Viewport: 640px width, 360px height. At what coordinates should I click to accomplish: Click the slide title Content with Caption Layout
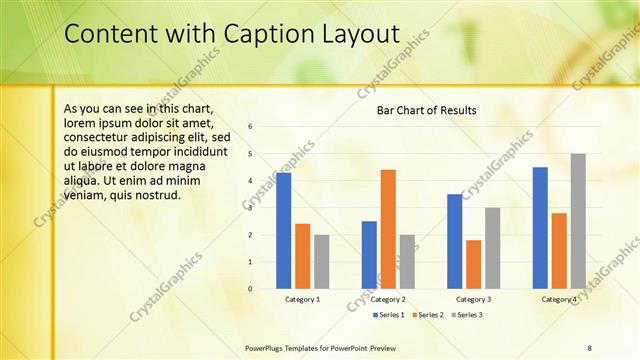231,34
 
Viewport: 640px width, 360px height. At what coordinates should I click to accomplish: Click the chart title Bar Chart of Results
426,110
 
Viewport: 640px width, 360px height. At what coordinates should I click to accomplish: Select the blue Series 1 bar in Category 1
284,230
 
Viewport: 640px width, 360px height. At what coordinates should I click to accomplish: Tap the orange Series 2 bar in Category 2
388,229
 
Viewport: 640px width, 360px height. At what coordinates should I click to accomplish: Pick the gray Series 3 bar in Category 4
578,221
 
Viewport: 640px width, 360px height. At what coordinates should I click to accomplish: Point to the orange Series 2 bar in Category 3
473,264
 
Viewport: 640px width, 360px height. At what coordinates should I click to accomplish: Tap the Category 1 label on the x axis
303,299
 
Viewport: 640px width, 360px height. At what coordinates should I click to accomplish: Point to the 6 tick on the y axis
250,126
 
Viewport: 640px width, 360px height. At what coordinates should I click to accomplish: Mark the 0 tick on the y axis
250,288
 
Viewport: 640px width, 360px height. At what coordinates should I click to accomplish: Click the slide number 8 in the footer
589,347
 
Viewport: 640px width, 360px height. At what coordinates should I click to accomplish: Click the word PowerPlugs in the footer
266,347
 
